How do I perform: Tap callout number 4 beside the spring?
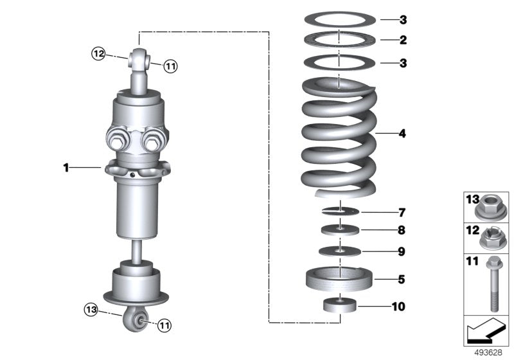click(402, 134)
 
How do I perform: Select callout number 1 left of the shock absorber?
click(66, 168)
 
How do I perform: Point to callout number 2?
click(402, 40)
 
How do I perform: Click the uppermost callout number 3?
click(402, 19)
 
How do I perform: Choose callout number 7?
click(402, 212)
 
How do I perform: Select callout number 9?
click(402, 251)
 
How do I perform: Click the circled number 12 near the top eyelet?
click(98, 55)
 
